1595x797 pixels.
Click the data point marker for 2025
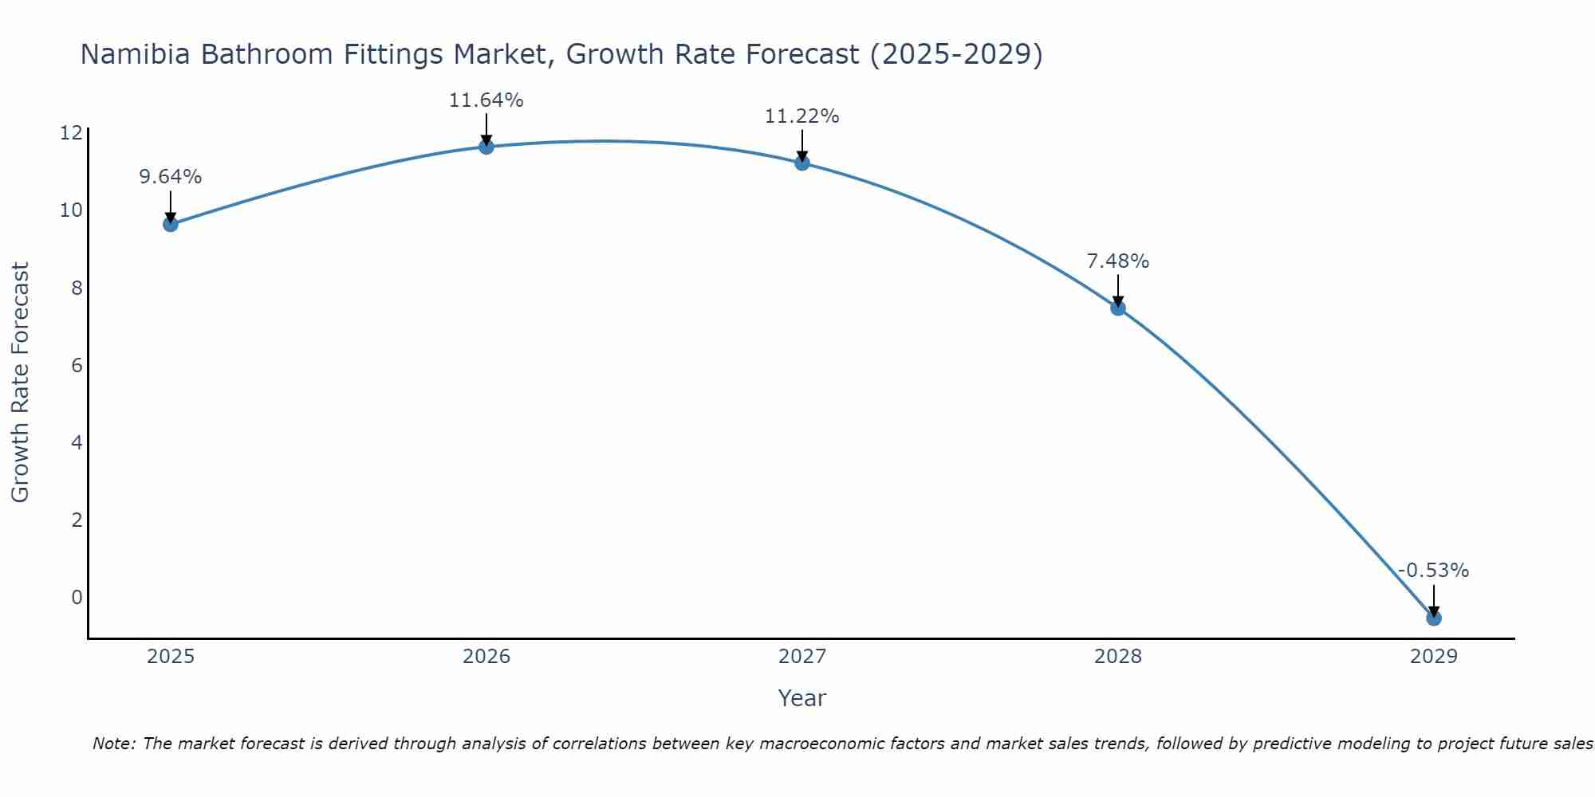tap(171, 224)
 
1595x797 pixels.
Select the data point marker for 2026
tap(486, 146)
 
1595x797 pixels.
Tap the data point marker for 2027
tap(802, 163)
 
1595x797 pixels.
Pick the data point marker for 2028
tap(1118, 308)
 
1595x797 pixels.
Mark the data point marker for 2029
tap(1434, 618)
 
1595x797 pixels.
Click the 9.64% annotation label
tap(171, 177)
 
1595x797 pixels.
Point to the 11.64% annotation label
tap(486, 100)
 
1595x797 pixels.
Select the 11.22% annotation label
tap(801, 116)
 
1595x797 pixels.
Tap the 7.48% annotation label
tap(1117, 261)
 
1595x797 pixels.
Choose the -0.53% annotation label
tap(1433, 571)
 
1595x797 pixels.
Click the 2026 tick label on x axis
tap(486, 657)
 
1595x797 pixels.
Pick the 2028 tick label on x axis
tap(1118, 657)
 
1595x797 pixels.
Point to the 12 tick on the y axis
tap(71, 133)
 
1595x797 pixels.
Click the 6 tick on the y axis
tap(77, 365)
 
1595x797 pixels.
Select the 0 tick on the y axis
tap(77, 598)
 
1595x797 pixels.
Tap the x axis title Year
tap(801, 698)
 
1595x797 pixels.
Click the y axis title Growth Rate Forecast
tap(20, 383)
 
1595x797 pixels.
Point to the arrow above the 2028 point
tap(1118, 290)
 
